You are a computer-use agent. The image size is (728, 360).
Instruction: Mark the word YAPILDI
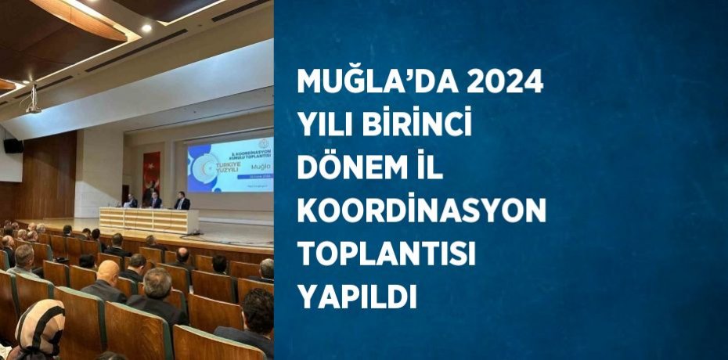pyautogui.click(x=356, y=296)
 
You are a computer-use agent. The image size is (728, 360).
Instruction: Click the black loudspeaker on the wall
pyautogui.click(x=13, y=146)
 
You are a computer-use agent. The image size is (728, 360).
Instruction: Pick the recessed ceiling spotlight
pyautogui.click(x=146, y=28)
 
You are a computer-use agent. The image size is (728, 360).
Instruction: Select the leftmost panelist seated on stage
pyautogui.click(x=132, y=200)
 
